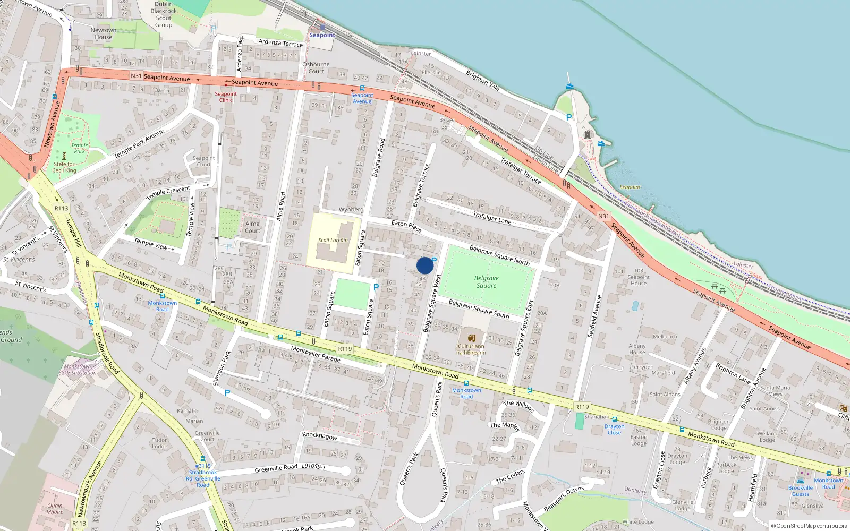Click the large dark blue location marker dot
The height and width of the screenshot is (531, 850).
click(x=425, y=265)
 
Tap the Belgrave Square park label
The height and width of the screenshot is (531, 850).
click(x=486, y=281)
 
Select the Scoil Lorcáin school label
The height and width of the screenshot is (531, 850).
click(x=333, y=240)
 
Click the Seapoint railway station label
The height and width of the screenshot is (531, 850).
click(x=322, y=35)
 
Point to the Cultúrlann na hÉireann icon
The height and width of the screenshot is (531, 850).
click(x=471, y=338)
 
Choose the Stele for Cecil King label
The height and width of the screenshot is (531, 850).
click(x=64, y=167)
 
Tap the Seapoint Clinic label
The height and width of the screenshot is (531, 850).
click(x=226, y=97)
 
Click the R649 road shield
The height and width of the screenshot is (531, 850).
click(x=345, y=349)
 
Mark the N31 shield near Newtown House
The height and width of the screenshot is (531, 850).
click(x=137, y=76)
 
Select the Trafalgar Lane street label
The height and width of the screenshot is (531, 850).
click(x=492, y=217)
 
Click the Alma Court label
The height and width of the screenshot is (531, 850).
click(x=252, y=227)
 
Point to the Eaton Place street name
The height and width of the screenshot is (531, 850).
click(x=406, y=226)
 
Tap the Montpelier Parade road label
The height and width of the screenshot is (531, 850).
click(x=316, y=354)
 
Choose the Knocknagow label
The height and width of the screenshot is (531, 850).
click(x=320, y=436)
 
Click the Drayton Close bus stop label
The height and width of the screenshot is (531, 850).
click(x=614, y=429)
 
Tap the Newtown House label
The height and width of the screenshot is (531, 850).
click(x=103, y=33)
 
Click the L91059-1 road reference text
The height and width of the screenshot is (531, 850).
click(x=313, y=466)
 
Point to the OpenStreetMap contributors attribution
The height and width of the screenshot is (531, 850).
click(x=809, y=526)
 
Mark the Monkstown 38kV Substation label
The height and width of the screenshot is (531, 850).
click(x=78, y=370)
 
